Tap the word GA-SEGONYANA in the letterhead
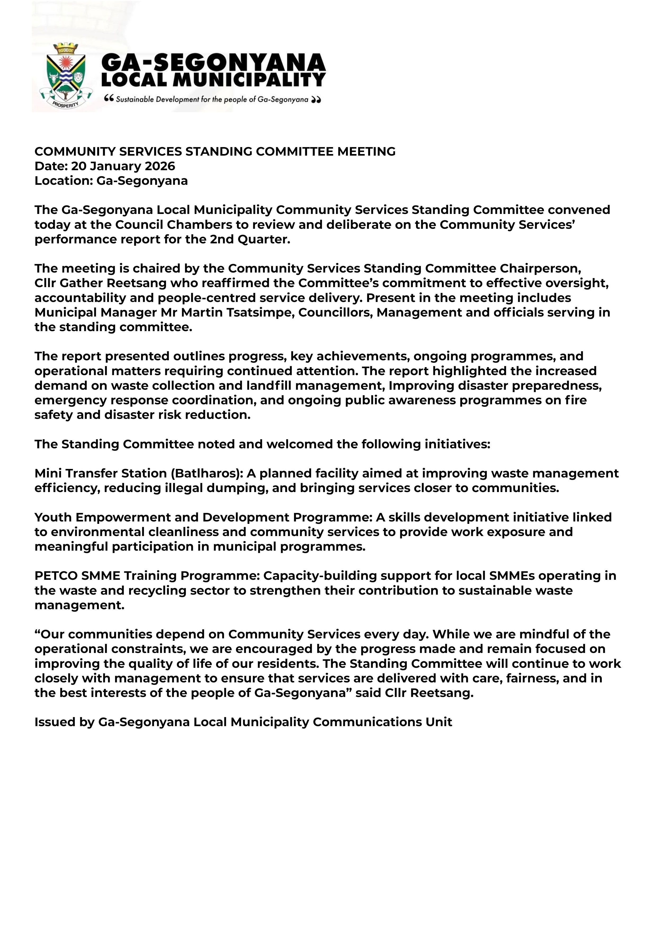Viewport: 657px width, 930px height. coord(213,63)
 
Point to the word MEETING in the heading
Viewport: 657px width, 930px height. coord(366,151)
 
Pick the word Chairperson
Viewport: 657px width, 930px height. coord(540,269)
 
